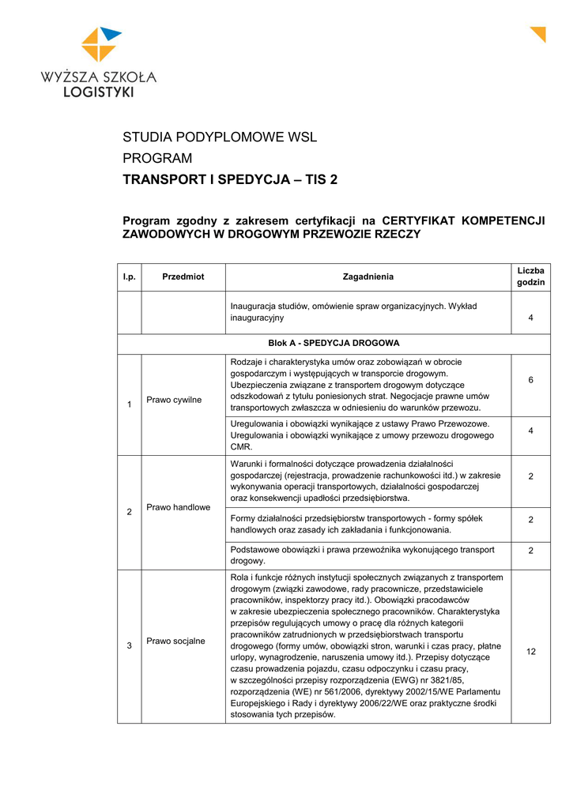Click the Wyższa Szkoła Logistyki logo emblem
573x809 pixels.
coord(101,44)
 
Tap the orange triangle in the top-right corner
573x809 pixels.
coord(539,33)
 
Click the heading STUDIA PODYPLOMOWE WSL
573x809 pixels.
coord(219,137)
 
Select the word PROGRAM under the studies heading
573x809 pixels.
coord(157,159)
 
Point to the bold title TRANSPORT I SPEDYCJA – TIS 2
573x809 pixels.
coord(229,180)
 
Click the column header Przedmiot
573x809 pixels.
coord(183,277)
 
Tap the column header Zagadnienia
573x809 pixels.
coord(368,277)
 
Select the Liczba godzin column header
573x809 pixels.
coord(530,277)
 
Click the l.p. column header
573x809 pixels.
coord(129,277)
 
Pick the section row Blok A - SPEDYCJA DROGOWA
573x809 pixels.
coord(334,344)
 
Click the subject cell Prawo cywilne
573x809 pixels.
coord(174,400)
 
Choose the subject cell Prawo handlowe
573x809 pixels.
coord(178,506)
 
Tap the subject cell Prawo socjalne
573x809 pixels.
coord(175,641)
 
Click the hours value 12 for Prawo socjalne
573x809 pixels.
coord(530,652)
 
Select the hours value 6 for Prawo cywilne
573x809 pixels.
coord(530,380)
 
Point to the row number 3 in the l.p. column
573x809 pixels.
coord(129,646)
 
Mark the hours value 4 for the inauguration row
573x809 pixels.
coord(530,318)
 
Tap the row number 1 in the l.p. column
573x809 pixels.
coord(129,405)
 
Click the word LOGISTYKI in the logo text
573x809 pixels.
coord(99,92)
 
